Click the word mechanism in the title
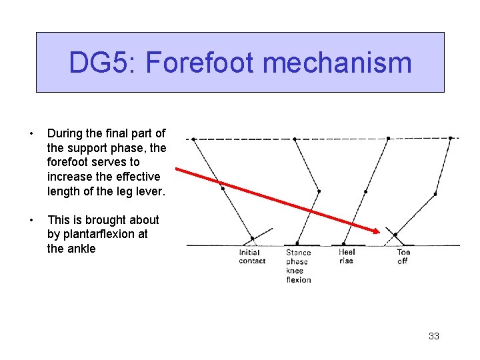click(x=337, y=63)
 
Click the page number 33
click(x=434, y=336)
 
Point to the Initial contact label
click(x=252, y=257)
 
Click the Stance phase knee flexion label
click(x=299, y=266)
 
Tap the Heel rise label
click(x=347, y=257)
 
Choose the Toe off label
click(x=403, y=257)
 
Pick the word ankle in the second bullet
click(x=80, y=249)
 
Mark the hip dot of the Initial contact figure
click(x=193, y=139)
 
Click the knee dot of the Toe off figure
click(x=435, y=194)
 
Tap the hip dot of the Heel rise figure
click(x=388, y=139)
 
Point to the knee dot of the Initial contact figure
click(x=223, y=188)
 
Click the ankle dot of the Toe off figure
click(x=395, y=235)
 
